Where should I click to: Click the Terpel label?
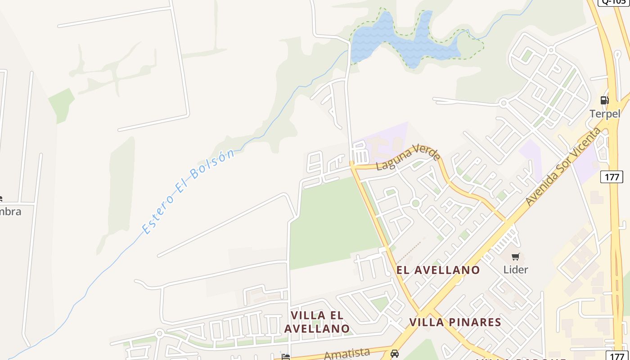click(605, 114)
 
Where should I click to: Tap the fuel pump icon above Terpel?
click(605, 100)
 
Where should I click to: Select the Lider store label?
click(516, 270)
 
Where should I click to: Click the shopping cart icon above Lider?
click(516, 257)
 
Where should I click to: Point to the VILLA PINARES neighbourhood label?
click(455, 322)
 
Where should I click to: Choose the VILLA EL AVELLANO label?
click(317, 322)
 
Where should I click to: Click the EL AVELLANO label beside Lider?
click(438, 270)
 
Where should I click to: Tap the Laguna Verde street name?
click(408, 157)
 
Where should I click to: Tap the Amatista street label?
click(347, 354)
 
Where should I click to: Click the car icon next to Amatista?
click(395, 354)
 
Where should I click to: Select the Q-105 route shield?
click(613, 2)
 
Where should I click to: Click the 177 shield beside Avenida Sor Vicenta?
click(612, 177)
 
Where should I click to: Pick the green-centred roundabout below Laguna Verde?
click(416, 203)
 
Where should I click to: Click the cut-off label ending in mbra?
click(10, 211)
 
